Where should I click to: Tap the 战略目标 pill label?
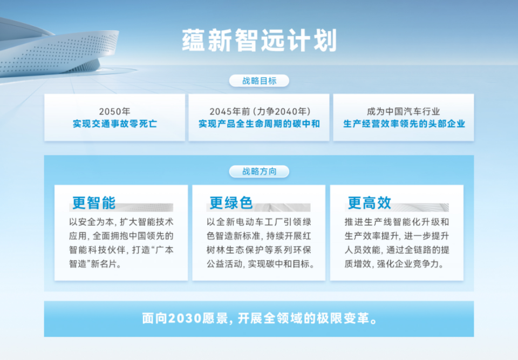(259, 81)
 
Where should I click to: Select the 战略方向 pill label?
(259, 172)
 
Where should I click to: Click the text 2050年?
(114, 112)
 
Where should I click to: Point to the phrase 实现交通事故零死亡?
(114, 124)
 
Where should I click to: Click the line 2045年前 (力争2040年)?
(259, 112)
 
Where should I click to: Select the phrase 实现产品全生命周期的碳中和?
(259, 124)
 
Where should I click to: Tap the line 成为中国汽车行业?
(404, 112)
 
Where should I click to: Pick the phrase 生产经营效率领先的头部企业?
(404, 124)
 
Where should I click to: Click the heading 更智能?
(94, 203)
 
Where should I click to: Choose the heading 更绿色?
(231, 203)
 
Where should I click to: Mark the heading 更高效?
(369, 203)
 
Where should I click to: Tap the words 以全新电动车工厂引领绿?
(258, 222)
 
